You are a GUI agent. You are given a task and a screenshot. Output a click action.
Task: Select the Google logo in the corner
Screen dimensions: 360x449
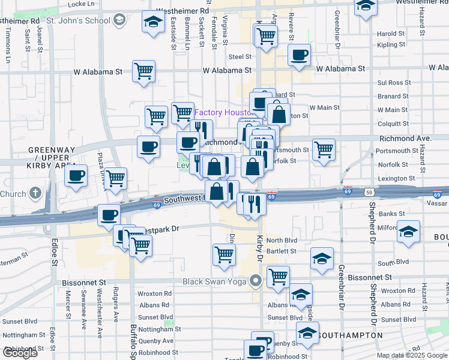[x=20, y=353]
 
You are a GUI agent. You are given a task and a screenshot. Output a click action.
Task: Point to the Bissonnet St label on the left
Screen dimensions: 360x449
[x=84, y=281]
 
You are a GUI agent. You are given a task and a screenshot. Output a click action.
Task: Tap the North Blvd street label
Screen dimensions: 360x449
[x=282, y=240]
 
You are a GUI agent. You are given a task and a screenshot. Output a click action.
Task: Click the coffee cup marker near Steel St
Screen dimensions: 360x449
[x=298, y=55]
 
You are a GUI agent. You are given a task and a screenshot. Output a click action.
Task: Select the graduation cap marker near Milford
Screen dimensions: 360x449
[x=408, y=231]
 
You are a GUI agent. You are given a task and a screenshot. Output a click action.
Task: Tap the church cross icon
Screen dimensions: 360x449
[x=35, y=193]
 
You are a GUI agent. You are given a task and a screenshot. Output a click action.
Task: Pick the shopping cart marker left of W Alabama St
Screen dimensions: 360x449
[x=143, y=71]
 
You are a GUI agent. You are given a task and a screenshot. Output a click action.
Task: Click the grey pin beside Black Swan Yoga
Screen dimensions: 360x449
[x=256, y=281]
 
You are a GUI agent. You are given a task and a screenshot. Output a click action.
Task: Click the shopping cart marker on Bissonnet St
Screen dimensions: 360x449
[x=278, y=277]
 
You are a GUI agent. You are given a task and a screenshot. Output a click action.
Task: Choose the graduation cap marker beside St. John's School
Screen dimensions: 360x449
[x=154, y=22]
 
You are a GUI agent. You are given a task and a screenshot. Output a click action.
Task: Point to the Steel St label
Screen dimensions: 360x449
[x=240, y=57]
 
